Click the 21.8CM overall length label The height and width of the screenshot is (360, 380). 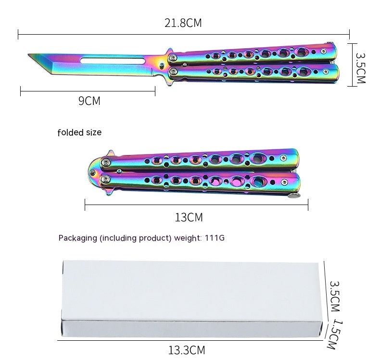(183, 23)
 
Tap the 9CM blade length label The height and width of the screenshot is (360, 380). (89, 101)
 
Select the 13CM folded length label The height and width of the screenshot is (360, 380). (189, 218)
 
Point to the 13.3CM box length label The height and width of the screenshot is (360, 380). (187, 350)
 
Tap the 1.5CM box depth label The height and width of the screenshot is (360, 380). (335, 334)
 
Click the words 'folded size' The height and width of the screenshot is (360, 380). (79, 132)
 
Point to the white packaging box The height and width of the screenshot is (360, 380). (192, 298)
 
